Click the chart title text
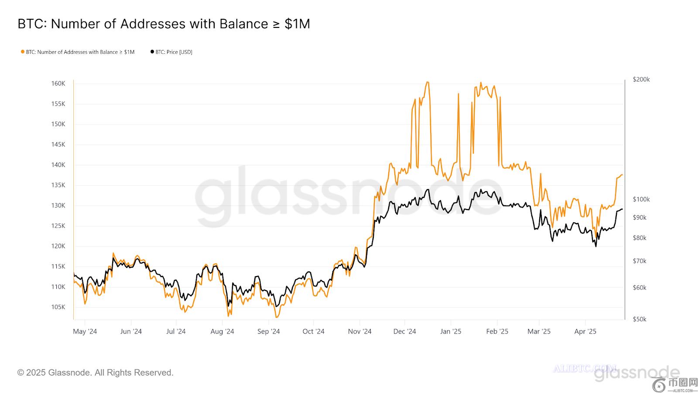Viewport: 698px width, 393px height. (x=164, y=24)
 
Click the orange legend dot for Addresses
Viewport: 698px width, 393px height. (x=23, y=52)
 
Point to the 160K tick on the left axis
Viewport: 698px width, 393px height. (x=58, y=83)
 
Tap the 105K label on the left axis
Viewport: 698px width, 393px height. (x=58, y=307)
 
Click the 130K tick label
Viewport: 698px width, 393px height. (x=58, y=205)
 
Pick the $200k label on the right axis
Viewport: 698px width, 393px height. (x=641, y=79)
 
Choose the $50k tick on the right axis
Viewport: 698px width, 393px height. (x=640, y=319)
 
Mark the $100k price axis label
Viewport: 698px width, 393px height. (x=641, y=200)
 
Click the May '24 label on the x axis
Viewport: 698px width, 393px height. (x=85, y=331)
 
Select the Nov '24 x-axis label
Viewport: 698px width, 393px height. (x=360, y=331)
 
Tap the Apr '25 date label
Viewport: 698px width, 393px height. (x=585, y=331)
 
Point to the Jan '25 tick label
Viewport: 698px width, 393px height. (x=451, y=331)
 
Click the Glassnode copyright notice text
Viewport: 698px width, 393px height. (x=96, y=372)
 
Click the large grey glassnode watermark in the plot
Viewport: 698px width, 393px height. (x=349, y=196)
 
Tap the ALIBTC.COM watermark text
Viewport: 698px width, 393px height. (x=585, y=369)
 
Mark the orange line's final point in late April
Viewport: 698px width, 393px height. (x=622, y=175)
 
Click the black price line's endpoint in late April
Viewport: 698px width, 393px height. (x=622, y=209)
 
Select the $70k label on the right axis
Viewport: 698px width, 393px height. (x=640, y=261)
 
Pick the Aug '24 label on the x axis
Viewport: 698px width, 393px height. (x=222, y=331)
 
